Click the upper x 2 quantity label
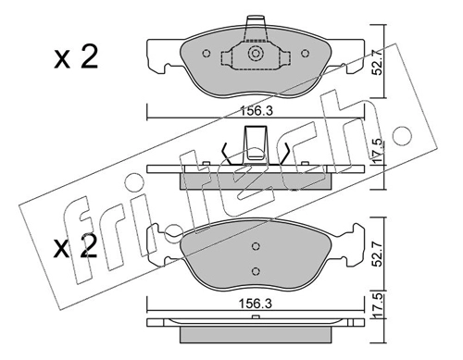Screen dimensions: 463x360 pos(76,57)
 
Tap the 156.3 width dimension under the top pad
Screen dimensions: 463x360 pos(257,111)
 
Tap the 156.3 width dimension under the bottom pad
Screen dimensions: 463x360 pos(256,304)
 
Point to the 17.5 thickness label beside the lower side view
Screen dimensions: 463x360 pos(380,306)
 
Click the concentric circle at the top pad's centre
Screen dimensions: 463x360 pos(256,54)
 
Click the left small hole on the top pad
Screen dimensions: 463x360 pos(206,54)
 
